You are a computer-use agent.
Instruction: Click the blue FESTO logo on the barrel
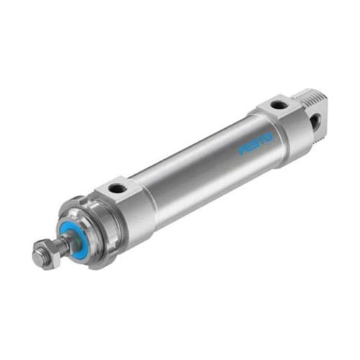pyautogui.click(x=256, y=145)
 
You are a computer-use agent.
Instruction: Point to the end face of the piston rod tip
pyautogui.click(x=38, y=257)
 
